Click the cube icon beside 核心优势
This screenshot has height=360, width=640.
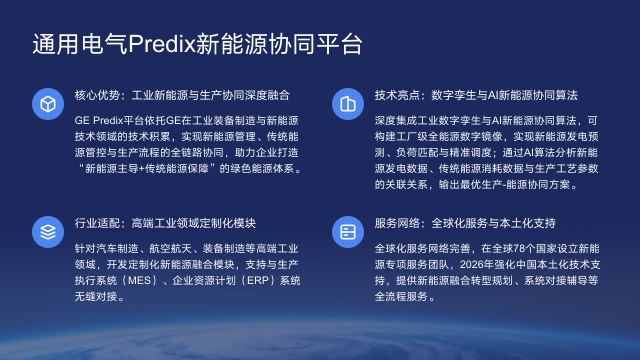46,103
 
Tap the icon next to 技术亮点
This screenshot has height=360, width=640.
347,103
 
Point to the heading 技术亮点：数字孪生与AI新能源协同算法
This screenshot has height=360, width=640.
476,96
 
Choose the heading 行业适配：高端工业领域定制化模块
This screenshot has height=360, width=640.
166,224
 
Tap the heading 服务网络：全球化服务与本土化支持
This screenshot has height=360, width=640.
464,224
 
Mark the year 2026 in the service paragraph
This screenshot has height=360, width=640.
444,264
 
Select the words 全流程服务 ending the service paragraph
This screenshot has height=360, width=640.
400,297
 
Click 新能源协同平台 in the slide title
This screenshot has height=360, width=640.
280,45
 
